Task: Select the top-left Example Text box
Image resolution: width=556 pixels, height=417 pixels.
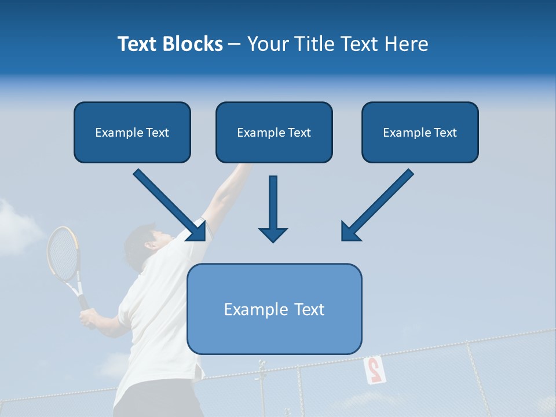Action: (x=132, y=133)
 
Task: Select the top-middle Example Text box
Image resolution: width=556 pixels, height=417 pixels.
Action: (x=274, y=133)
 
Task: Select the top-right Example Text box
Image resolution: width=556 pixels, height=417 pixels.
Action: (x=420, y=133)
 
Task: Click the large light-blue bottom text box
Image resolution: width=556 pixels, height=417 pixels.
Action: (x=274, y=309)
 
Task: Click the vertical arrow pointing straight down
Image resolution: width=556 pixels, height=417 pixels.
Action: (x=273, y=209)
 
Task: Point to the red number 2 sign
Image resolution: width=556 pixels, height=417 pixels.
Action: (x=374, y=370)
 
